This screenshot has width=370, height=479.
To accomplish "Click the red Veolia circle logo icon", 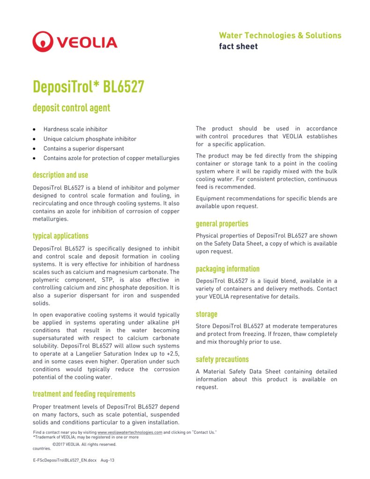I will coord(43,42).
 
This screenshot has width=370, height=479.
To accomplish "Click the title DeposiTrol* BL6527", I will coord(88,87).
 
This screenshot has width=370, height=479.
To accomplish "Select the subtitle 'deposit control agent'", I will coord(71,108).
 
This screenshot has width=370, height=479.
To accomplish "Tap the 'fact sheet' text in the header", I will coord(238,46).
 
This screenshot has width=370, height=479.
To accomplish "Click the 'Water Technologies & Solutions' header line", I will coord(280,36).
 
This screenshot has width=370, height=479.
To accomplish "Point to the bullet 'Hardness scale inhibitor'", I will coord(75,129).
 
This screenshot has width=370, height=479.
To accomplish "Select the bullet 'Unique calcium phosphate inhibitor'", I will coord(90,139).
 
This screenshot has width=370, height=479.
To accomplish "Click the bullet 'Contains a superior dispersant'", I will coord(84,148).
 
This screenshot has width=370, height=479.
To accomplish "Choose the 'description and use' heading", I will coord(60,175).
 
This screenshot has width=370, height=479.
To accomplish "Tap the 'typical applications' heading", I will coord(60,236).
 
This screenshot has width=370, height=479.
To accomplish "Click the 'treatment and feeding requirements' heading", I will coord(84,394).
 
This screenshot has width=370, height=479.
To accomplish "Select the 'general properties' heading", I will coord(222,224).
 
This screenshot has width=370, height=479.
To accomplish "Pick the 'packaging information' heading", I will coord(227,269).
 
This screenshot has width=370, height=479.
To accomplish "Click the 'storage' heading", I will coord(206,314).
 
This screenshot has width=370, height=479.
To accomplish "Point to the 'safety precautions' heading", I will coord(222,360).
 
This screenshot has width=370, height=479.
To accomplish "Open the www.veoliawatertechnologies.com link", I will coord(130,432).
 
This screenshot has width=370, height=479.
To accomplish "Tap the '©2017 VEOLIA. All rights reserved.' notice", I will coord(84,444).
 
